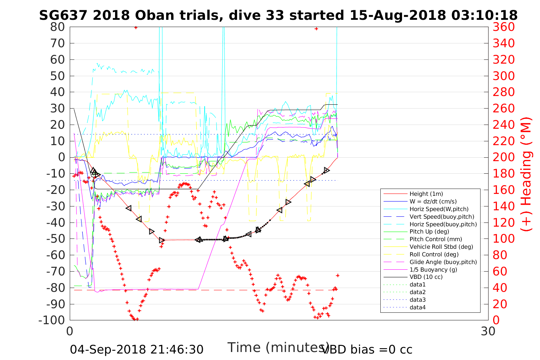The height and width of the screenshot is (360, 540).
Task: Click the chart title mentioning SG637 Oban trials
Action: [278, 15]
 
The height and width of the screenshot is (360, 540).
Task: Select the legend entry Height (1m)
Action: [426, 194]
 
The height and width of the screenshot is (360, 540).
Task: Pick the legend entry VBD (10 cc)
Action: [426, 277]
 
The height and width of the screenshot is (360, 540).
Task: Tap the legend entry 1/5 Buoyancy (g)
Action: [433, 269]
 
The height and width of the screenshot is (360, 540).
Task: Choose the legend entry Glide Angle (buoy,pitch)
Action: [443, 262]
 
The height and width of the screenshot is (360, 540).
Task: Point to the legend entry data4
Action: [417, 307]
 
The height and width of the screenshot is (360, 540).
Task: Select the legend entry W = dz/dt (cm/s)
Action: [433, 202]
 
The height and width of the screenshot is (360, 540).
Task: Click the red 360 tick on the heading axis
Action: [504, 27]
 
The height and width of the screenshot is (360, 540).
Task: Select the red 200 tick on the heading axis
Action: [504, 157]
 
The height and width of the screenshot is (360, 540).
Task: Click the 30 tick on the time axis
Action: [488, 331]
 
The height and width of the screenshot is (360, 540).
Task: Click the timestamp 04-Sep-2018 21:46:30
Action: [136, 349]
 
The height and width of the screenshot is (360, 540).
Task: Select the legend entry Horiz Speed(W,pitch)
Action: [439, 209]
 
